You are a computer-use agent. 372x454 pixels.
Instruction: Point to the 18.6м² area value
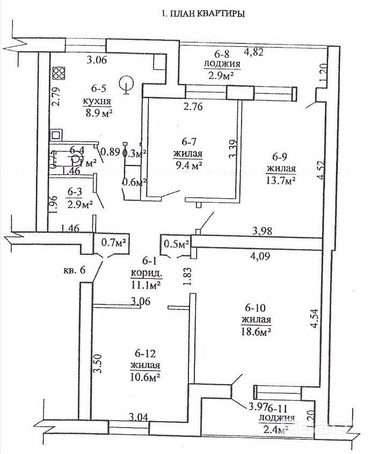point(254,333)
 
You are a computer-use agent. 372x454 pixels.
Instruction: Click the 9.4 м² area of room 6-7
point(187,165)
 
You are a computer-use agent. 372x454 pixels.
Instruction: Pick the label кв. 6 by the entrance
point(75,270)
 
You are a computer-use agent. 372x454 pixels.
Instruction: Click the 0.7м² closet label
point(113,243)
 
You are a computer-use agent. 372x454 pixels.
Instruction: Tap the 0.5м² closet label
point(176,244)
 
